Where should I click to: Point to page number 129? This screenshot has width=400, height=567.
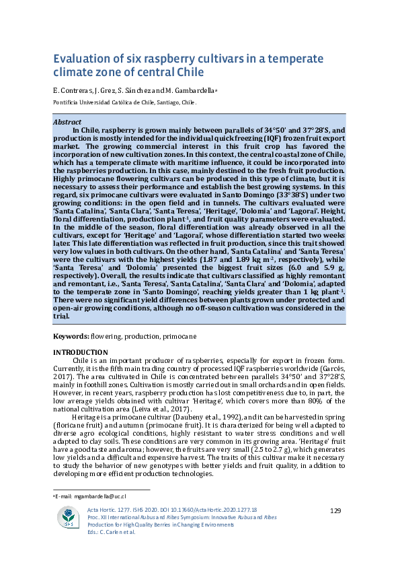(x=336, y=512)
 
